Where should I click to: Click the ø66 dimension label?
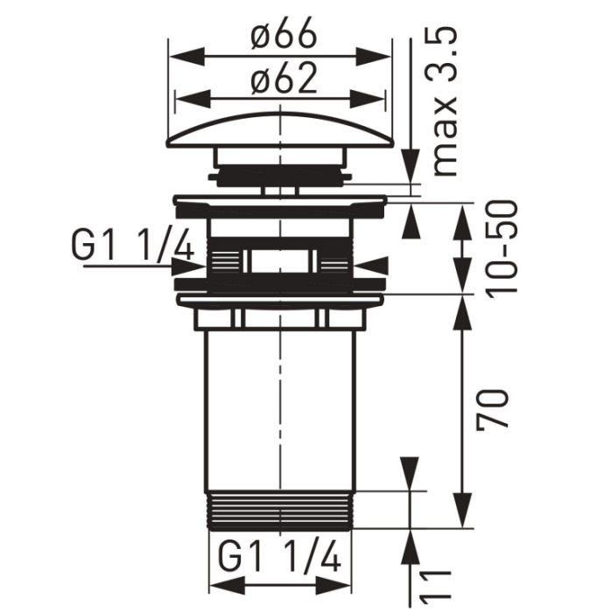point(284,33)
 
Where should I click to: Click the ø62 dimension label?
point(284,79)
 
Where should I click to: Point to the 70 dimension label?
point(492,408)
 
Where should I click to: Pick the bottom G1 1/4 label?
point(279,557)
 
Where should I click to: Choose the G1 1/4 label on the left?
point(132,246)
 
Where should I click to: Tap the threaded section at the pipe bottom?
point(281,511)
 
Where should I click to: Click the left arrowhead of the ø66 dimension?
point(186,57)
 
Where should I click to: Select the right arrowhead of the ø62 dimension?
point(368,99)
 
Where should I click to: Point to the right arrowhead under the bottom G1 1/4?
point(334,587)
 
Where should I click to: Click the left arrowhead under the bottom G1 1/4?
point(227,587)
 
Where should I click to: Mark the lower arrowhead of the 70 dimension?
point(463,511)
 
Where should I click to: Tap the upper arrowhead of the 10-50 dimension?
point(463,221)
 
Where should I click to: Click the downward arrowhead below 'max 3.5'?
point(411,166)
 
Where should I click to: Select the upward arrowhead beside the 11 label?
point(411,548)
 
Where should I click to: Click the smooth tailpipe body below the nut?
point(281,411)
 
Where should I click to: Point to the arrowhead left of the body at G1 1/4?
point(190,266)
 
